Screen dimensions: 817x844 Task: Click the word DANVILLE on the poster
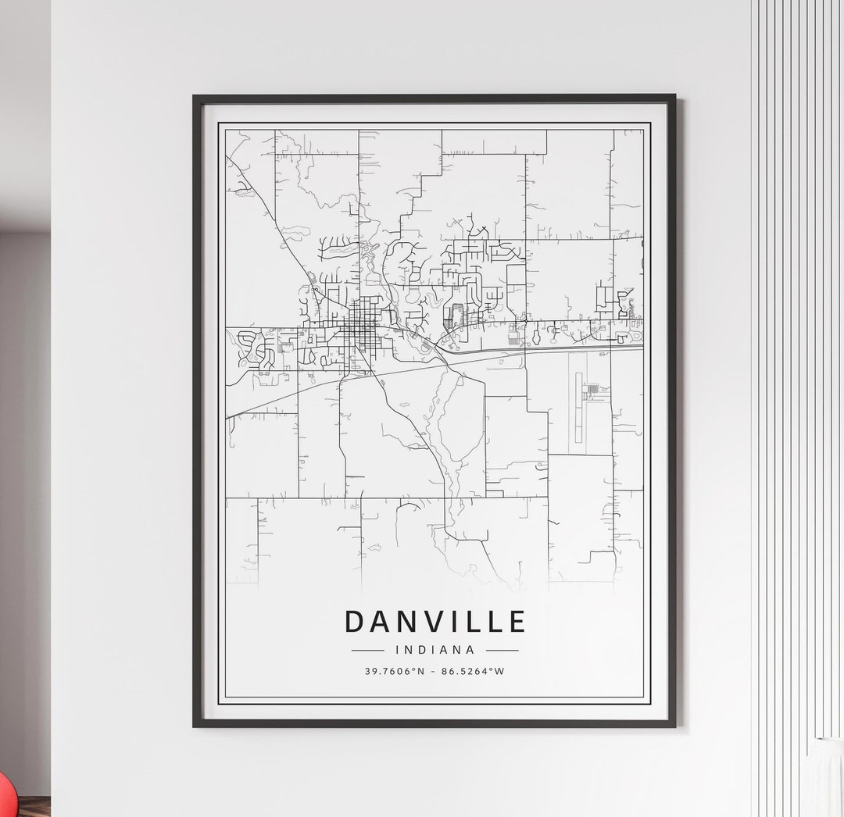pos(435,622)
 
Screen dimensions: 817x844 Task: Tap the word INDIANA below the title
pos(435,650)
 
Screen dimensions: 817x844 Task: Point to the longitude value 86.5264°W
pos(473,671)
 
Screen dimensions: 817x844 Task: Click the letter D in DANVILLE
pos(354,622)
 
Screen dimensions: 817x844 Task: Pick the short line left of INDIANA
pos(367,650)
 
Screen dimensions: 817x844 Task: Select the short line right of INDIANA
pos(502,650)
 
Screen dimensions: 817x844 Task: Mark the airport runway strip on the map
pos(578,406)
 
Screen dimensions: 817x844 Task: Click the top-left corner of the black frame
pos(195,98)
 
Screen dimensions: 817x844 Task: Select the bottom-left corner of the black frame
pos(195,725)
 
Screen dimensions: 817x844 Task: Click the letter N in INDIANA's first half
pos(409,650)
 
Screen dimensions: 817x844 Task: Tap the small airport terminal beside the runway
pos(592,388)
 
